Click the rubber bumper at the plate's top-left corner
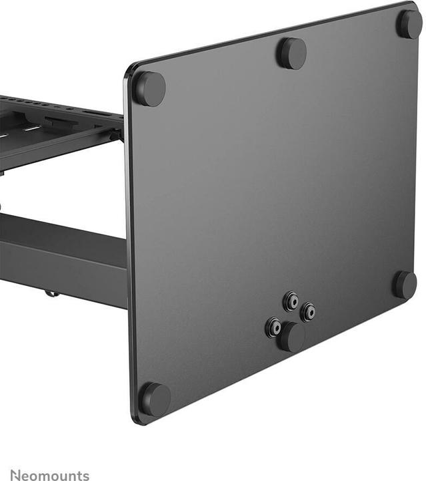(x=149, y=88)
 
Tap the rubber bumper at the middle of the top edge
(x=291, y=52)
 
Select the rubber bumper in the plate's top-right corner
(x=409, y=24)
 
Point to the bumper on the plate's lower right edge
(x=404, y=285)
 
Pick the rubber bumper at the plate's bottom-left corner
(x=155, y=399)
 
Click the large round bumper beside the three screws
(x=292, y=337)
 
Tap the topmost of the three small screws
(x=291, y=301)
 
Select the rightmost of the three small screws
(x=307, y=312)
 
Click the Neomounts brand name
(x=49, y=475)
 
